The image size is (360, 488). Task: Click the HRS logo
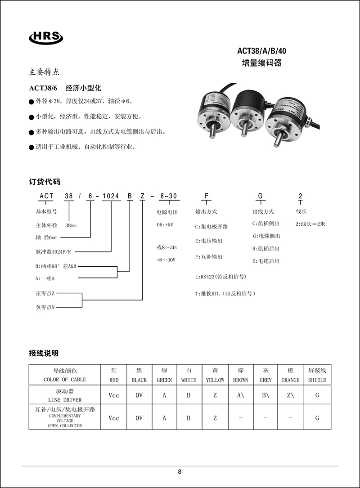(x=46, y=38)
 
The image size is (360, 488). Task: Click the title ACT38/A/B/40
(x=261, y=51)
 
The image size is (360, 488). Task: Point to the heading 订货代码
(x=45, y=182)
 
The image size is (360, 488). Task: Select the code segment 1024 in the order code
(x=111, y=196)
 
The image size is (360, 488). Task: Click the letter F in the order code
(x=207, y=196)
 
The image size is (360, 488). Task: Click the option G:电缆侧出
(x=266, y=236)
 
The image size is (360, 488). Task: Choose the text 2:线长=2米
(x=310, y=224)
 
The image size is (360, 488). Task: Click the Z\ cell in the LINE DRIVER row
(x=290, y=395)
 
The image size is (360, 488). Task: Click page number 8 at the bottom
(x=180, y=472)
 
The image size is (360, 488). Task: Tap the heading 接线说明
(x=44, y=353)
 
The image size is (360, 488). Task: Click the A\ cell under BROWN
(x=241, y=395)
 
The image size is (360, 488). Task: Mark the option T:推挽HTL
(x=225, y=293)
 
